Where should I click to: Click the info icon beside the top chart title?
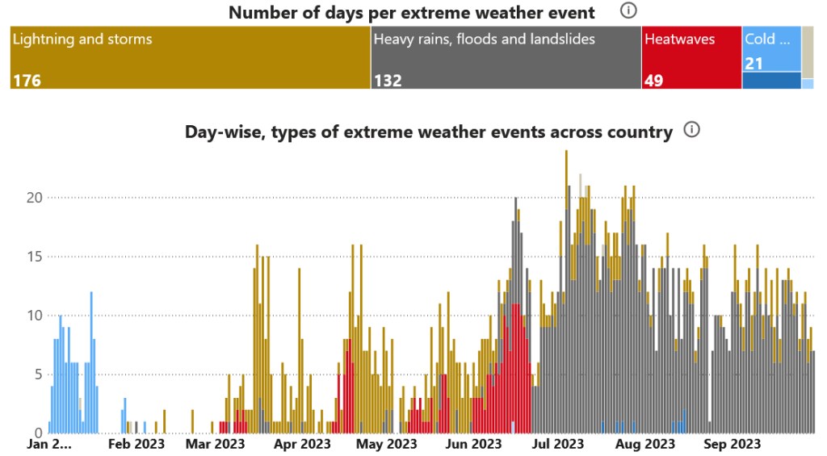[x=628, y=11]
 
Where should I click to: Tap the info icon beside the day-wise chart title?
[x=691, y=130]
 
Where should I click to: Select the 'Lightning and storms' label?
[x=82, y=39]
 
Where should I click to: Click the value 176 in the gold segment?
[x=27, y=80]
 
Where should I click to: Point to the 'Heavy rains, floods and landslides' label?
[x=485, y=39]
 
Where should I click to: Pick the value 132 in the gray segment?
[x=388, y=80]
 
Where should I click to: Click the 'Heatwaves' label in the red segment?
[x=679, y=39]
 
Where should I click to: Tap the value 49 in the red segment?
[x=653, y=80]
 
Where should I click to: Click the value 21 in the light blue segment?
[x=754, y=63]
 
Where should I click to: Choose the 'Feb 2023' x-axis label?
[x=136, y=444]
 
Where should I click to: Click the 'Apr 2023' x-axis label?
[x=303, y=444]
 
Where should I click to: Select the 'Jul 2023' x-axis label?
[x=557, y=444]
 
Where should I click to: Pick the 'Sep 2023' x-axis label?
[x=732, y=444]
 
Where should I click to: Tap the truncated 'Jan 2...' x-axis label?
[x=49, y=444]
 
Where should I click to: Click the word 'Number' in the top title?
[x=259, y=13]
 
